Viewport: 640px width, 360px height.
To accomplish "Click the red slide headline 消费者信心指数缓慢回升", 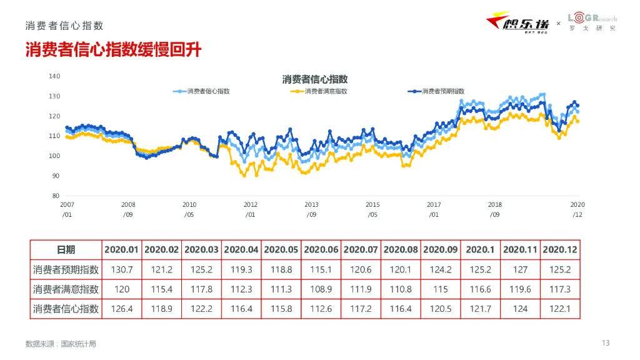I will [x=113, y=50].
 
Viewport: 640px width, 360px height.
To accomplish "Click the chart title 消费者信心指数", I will [x=314, y=79].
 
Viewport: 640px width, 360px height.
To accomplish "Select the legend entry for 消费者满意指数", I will [x=319, y=91].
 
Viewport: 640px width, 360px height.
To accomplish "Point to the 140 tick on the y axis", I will [x=54, y=76].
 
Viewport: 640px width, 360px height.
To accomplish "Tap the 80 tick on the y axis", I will [x=56, y=196].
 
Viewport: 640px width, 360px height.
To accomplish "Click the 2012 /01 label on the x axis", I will [x=250, y=209].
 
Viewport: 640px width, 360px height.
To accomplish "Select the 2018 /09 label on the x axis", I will [x=494, y=209].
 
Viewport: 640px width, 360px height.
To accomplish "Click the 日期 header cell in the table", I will [x=66, y=249].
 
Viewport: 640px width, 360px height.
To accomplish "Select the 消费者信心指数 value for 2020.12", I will [x=560, y=309].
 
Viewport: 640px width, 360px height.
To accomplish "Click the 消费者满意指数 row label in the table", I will [x=66, y=289].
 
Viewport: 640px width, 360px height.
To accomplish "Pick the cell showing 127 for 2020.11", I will [x=520, y=270].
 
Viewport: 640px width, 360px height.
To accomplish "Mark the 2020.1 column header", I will [x=480, y=249].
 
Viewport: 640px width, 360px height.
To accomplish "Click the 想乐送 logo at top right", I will [x=518, y=23].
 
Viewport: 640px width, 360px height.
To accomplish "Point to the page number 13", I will [x=605, y=342].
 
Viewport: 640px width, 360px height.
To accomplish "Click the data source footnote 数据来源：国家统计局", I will [x=61, y=344].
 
